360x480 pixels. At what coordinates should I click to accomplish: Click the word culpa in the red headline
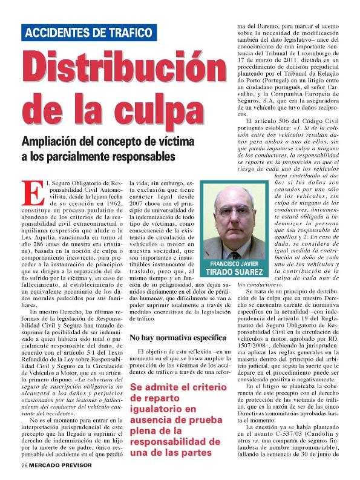(x=163, y=109)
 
